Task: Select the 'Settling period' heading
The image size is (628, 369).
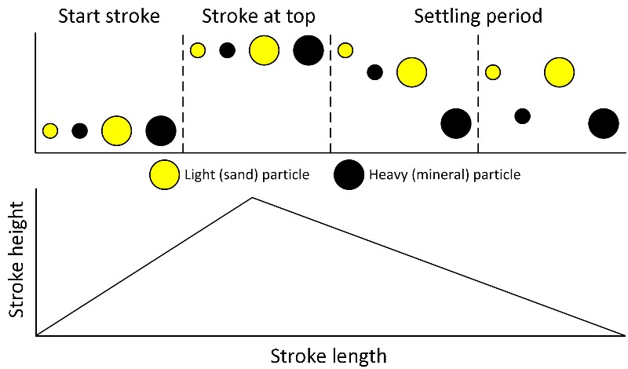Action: (478, 16)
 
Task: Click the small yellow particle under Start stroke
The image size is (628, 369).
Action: (50, 131)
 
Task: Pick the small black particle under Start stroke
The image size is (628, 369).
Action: (79, 131)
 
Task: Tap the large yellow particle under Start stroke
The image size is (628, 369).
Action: (116, 131)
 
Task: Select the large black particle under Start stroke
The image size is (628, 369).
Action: (161, 131)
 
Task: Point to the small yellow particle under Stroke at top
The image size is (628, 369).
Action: (198, 50)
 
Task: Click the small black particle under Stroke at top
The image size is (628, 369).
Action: (227, 50)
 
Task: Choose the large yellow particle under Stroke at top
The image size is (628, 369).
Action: (264, 50)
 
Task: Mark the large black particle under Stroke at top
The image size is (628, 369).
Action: (308, 50)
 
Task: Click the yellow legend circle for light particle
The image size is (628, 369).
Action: (164, 174)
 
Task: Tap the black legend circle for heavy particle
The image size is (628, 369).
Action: (349, 174)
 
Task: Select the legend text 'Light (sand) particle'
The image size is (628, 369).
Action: (246, 174)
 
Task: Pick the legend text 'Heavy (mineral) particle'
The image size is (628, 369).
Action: (444, 174)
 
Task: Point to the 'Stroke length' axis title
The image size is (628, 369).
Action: (328, 356)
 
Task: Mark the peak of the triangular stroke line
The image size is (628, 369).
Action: (251, 197)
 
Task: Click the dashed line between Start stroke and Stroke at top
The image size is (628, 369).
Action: (183, 94)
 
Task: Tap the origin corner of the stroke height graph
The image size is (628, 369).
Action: (36, 335)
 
